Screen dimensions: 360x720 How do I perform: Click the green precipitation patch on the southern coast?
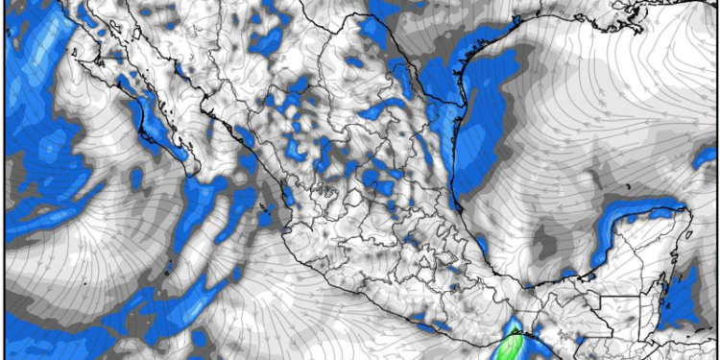coord(516,343)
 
